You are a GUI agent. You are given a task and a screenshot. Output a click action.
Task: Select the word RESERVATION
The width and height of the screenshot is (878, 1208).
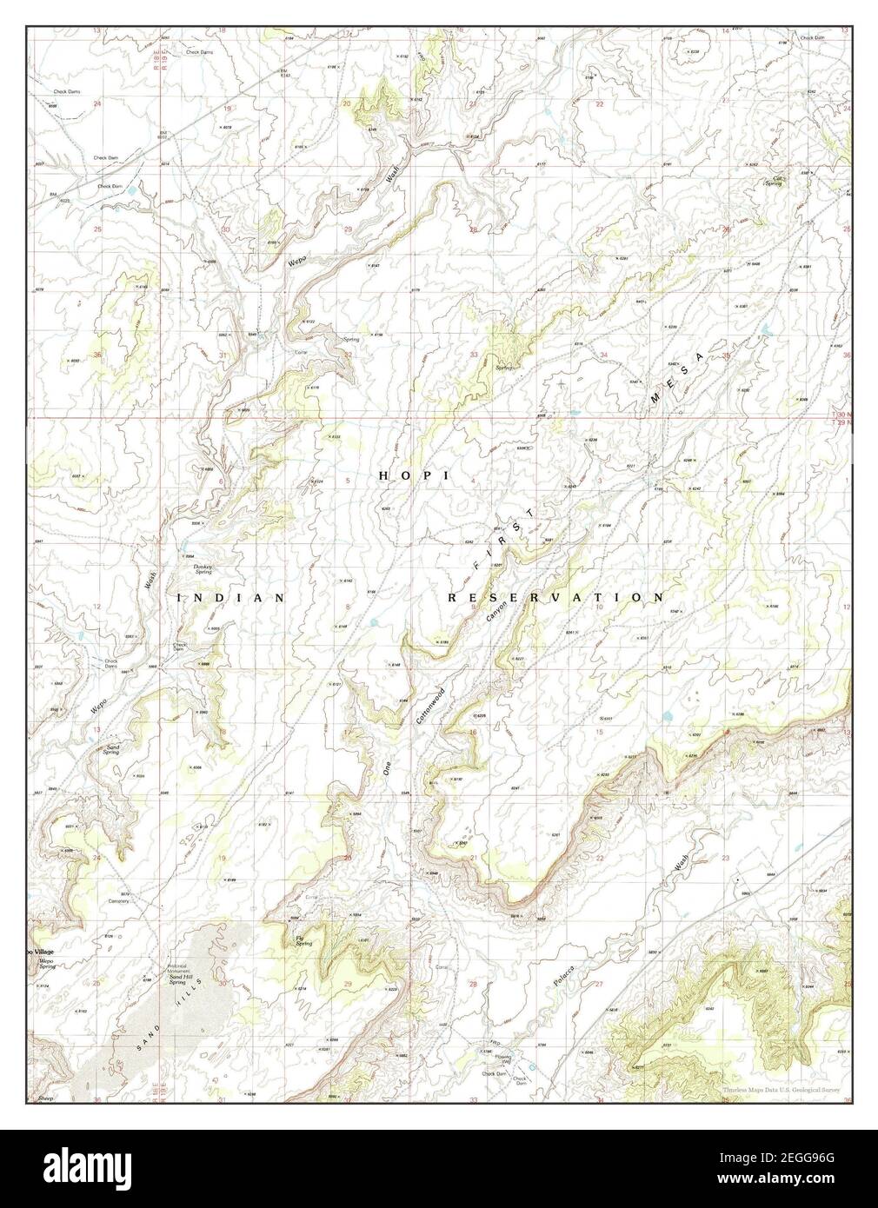(x=556, y=598)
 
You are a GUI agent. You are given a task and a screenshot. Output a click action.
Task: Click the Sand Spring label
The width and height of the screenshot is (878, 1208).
(x=112, y=748)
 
